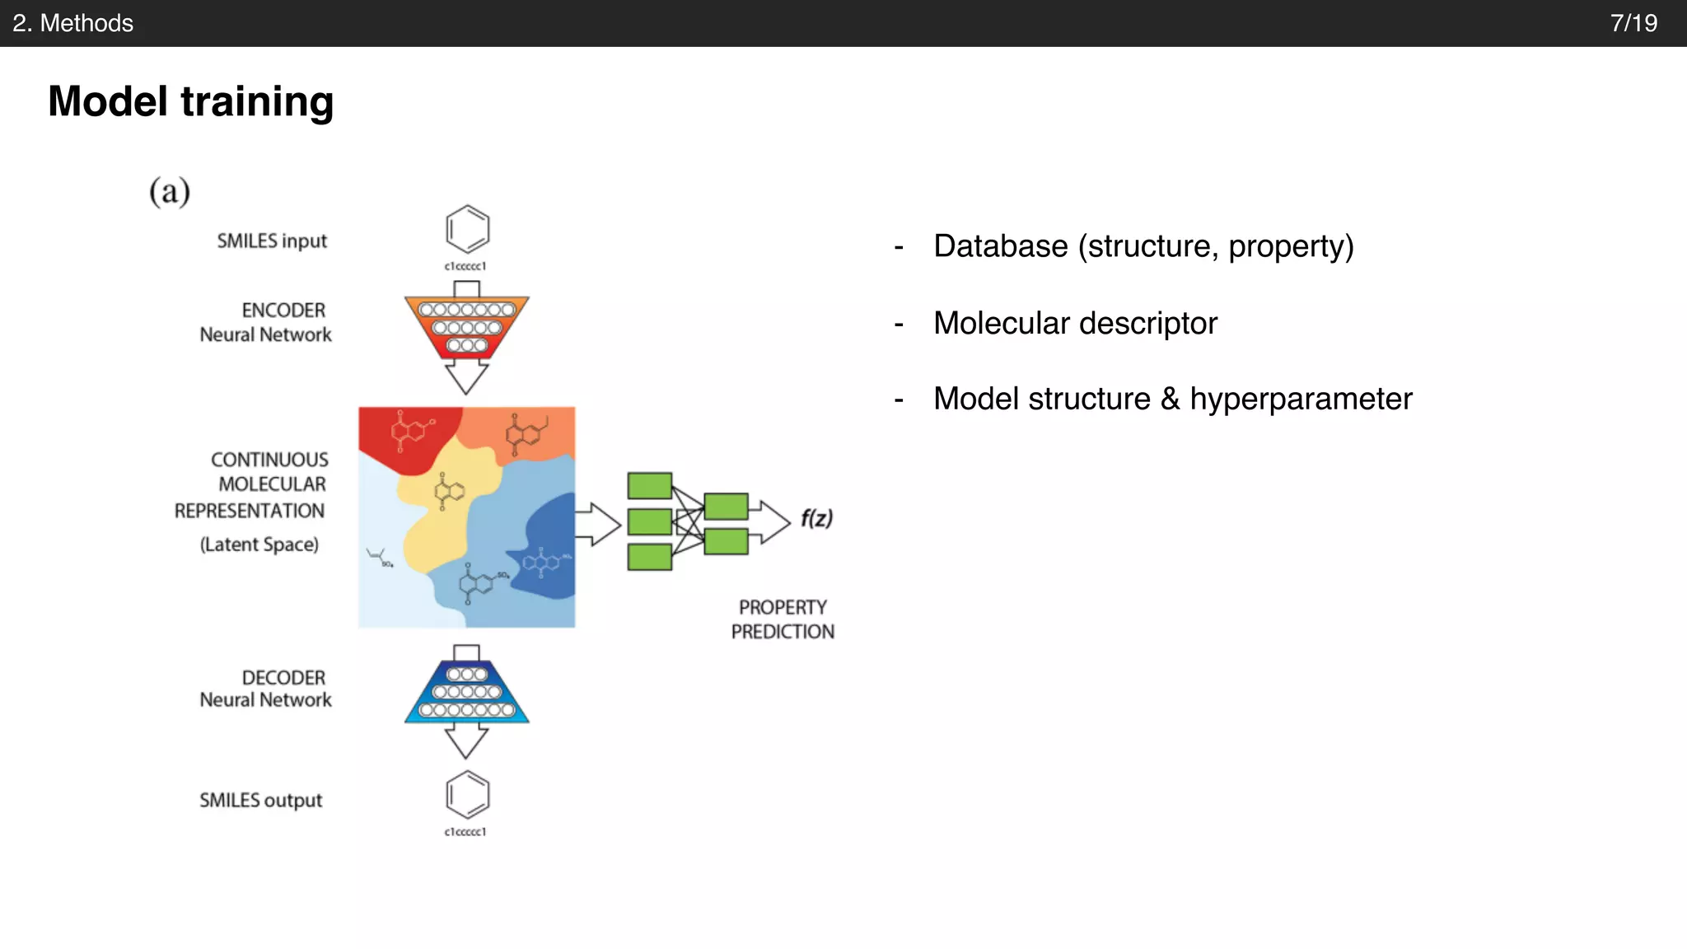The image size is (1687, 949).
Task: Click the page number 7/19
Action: pyautogui.click(x=1633, y=23)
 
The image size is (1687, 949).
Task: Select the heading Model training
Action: pyautogui.click(x=191, y=101)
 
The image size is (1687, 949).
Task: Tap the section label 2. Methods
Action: pyautogui.click(x=73, y=23)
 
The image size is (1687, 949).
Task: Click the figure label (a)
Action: pyautogui.click(x=170, y=191)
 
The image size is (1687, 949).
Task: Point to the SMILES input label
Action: pyautogui.click(x=272, y=241)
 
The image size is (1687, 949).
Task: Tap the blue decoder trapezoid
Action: pyautogui.click(x=466, y=692)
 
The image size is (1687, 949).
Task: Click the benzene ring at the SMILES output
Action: pyautogui.click(x=467, y=794)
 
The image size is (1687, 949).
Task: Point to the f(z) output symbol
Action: pyautogui.click(x=816, y=518)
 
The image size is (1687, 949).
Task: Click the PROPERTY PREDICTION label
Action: pyautogui.click(x=783, y=619)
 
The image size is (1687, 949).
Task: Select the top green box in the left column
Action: pyautogui.click(x=650, y=486)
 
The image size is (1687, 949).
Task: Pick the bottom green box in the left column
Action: pyautogui.click(x=650, y=557)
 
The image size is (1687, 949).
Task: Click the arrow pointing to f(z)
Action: pyautogui.click(x=773, y=521)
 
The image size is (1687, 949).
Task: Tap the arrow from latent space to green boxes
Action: pyautogui.click(x=598, y=525)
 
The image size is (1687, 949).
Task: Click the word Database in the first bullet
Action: pyautogui.click(x=1000, y=246)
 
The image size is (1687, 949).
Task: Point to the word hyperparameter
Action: pyautogui.click(x=1301, y=399)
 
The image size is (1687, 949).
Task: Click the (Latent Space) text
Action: pyautogui.click(x=259, y=545)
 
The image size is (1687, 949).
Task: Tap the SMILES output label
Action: pyautogui.click(x=260, y=800)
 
